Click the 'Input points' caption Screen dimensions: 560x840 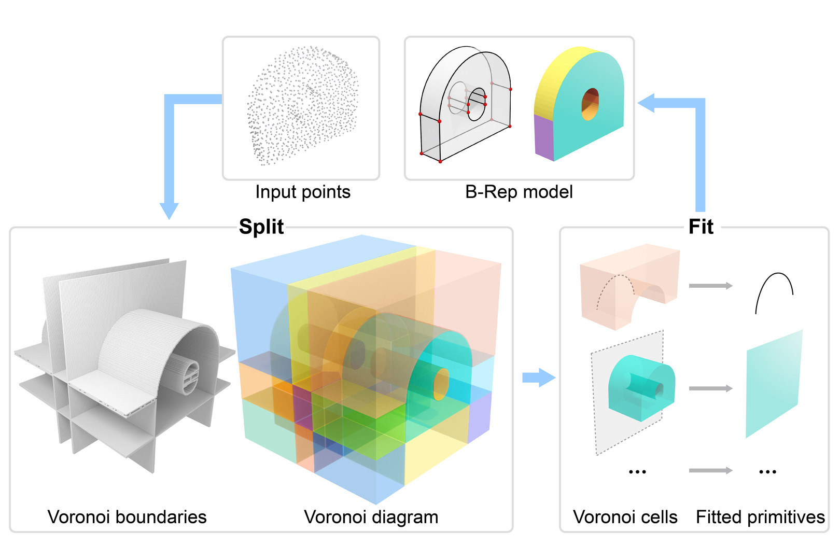pyautogui.click(x=303, y=192)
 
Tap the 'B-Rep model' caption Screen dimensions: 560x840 pyautogui.click(x=519, y=192)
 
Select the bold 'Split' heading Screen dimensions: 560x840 pyautogui.click(x=261, y=227)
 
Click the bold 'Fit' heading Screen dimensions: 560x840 pyautogui.click(x=701, y=227)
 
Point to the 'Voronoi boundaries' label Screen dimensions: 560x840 pyautogui.click(x=127, y=517)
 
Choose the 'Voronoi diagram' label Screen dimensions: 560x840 pyautogui.click(x=371, y=517)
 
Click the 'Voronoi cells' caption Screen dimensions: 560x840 pyautogui.click(x=625, y=517)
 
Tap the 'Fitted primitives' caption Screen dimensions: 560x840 pyautogui.click(x=760, y=517)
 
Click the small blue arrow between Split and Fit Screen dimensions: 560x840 pyautogui.click(x=538, y=377)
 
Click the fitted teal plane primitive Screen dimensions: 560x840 pyautogui.click(x=774, y=384)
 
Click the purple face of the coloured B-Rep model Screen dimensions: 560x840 pyautogui.click(x=544, y=137)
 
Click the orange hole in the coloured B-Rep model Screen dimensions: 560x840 pyautogui.click(x=590, y=104)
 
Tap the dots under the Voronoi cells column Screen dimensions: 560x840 pyautogui.click(x=637, y=472)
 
